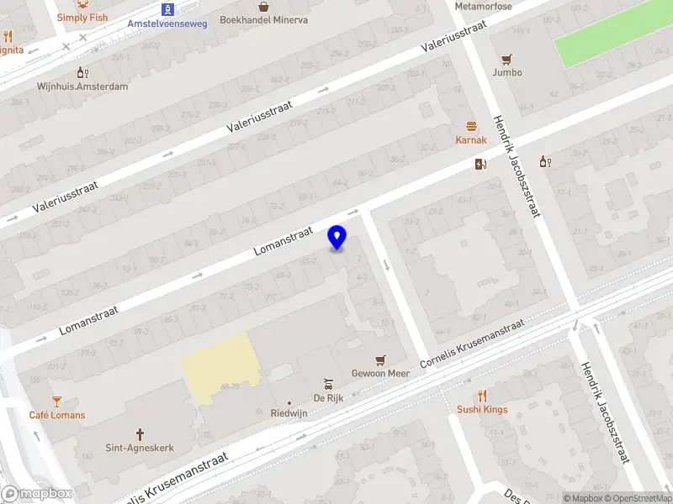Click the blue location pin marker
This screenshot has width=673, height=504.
pos(337,238)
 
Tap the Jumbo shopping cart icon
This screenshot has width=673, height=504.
pos(506,59)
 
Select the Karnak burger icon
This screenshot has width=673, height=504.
pos(471,126)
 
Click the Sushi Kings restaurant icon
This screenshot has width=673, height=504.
pos(483,396)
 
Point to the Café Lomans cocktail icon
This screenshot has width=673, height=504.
pos(57,401)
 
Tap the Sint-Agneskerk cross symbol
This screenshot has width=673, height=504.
pos(140,434)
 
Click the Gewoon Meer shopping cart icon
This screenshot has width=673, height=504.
pos(379,359)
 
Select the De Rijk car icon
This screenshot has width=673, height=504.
pos(331,384)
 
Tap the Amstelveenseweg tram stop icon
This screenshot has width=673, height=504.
pos(169,9)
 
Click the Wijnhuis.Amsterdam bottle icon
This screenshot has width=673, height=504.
pos(82,73)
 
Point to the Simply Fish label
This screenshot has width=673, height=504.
pos(82,18)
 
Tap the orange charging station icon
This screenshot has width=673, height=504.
pos(480,164)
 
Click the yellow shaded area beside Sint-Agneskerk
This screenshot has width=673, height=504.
pos(219,365)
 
